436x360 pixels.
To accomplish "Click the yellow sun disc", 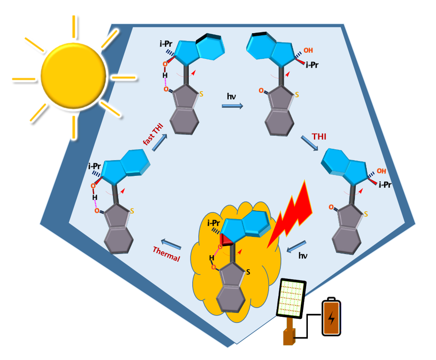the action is [73, 75].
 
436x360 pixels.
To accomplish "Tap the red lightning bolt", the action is [290, 214].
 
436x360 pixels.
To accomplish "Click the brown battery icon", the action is [331, 317].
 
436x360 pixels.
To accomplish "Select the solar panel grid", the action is [291, 299].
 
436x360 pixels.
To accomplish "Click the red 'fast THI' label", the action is [153, 134].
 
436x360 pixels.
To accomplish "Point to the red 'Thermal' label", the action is [167, 254].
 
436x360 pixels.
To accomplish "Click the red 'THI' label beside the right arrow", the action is [319, 137].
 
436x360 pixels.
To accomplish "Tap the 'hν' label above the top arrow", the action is [232, 96].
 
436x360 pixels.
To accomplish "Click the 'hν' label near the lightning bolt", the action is [303, 255].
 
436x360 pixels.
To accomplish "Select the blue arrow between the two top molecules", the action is [232, 106].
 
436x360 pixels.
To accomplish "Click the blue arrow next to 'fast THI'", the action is [160, 142].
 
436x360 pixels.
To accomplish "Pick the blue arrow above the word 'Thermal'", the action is [171, 244].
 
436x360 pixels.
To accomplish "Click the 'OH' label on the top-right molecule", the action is [308, 50].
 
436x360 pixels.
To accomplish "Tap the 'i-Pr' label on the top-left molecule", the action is [166, 44].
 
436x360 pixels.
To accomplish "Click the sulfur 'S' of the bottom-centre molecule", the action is [248, 272].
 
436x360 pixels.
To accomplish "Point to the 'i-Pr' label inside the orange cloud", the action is [214, 223].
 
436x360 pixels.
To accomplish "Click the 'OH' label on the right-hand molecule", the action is [381, 171].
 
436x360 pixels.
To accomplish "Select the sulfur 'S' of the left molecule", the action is [132, 211].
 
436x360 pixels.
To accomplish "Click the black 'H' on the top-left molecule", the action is [165, 75].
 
